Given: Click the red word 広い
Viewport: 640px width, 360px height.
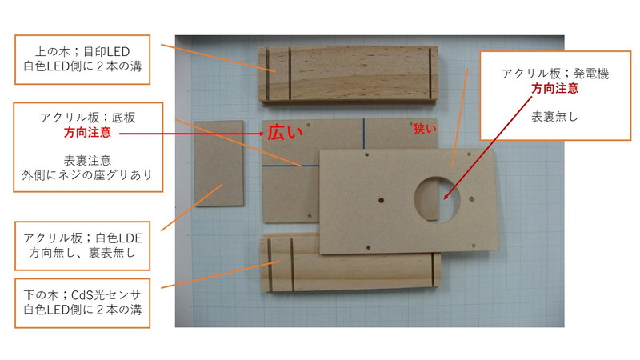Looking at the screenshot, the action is point(286,132).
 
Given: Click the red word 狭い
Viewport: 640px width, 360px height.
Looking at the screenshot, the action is point(425,129).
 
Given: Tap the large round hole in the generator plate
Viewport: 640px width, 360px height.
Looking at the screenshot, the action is point(437,199).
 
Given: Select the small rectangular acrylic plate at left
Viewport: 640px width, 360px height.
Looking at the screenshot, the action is point(218,163).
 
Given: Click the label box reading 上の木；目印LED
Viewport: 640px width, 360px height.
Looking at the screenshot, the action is point(82,59).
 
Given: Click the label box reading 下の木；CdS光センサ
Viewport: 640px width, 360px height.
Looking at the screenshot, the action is point(82,303).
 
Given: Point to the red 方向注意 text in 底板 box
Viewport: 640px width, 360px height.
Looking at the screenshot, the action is point(87,132).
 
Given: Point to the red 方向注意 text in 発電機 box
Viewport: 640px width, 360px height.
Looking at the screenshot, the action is point(554,88).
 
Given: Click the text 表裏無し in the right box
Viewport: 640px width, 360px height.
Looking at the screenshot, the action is point(554,117).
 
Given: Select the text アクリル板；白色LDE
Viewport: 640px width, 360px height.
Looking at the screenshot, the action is point(82,238).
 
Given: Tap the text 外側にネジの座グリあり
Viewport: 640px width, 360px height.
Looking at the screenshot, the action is point(87,175).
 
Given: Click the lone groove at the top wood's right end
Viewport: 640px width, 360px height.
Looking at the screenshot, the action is point(430,74).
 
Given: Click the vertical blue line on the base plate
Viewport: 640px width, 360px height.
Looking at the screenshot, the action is point(364,134).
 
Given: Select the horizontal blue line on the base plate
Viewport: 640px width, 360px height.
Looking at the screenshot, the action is point(290,166).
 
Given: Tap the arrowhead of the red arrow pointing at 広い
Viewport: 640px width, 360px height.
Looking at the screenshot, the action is point(262,134).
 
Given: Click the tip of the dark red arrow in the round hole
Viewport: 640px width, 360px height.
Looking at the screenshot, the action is point(445,198).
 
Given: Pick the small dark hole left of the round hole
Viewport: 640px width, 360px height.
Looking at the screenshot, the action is point(382,201).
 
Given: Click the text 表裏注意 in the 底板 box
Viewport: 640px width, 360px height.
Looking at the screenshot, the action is point(87,160).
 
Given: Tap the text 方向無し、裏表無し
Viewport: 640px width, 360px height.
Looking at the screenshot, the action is point(82,253).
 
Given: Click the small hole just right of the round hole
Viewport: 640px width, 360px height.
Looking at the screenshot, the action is point(471,199).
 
